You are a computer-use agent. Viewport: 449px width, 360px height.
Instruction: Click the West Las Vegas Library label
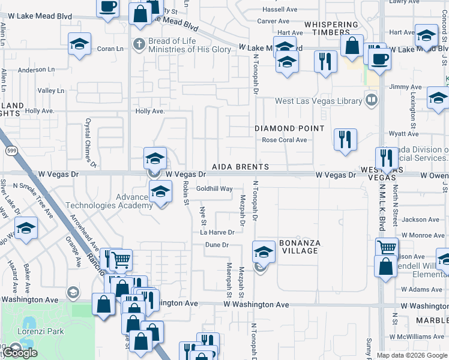318,101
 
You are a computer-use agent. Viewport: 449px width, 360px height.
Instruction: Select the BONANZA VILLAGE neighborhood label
300,247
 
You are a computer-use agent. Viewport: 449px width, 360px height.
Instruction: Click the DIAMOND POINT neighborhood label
289,128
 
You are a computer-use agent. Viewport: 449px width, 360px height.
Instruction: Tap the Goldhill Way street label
214,188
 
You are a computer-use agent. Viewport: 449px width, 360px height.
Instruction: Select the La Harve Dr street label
217,232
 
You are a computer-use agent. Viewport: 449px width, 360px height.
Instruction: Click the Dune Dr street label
217,245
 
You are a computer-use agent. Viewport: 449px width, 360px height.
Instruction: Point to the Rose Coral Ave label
285,140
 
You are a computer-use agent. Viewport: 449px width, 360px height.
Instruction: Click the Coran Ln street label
110,49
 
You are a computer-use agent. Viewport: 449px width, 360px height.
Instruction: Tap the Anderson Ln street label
37,70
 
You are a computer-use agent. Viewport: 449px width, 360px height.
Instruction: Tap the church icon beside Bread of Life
139,44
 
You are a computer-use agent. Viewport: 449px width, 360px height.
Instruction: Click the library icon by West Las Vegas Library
372,99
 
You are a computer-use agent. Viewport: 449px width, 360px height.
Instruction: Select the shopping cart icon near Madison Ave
387,247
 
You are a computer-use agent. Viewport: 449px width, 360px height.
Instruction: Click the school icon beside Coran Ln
79,45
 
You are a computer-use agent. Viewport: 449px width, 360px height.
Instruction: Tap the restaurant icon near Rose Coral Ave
345,139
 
